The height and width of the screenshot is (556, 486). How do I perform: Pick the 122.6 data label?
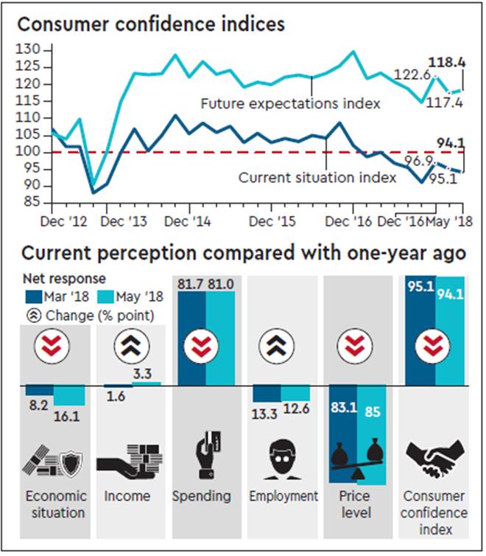[x=414, y=74]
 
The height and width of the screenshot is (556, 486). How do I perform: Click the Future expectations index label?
[x=291, y=104]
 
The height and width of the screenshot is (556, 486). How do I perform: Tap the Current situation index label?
[x=317, y=177]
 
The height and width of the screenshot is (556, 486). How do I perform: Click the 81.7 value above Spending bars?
[x=191, y=282]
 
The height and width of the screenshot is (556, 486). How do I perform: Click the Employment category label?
[x=283, y=496]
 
